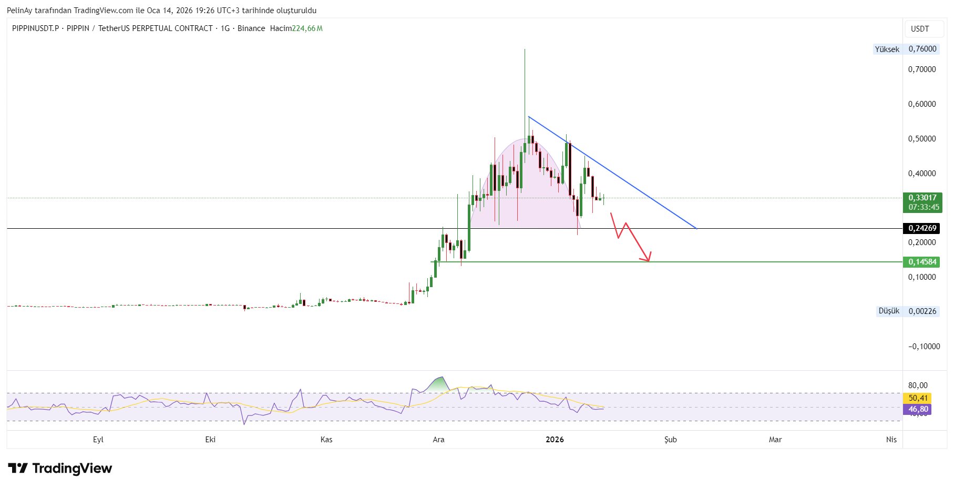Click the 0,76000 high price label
click(922, 49)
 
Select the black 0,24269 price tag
click(922, 228)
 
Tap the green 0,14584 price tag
click(922, 262)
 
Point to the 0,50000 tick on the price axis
click(922, 139)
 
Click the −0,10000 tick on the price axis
click(924, 347)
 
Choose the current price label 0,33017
click(922, 198)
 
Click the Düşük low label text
click(889, 311)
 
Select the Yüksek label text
click(887, 49)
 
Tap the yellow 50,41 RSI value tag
click(918, 398)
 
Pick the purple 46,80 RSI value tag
click(918, 409)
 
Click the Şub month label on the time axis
click(670, 440)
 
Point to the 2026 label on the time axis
click(555, 440)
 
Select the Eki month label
click(210, 440)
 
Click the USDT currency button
click(920, 29)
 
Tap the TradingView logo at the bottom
click(60, 469)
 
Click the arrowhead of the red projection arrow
click(648, 259)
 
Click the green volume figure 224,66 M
click(307, 28)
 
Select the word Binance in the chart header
click(251, 28)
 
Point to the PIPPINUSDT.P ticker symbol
click(35, 28)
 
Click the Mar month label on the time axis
click(775, 440)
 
